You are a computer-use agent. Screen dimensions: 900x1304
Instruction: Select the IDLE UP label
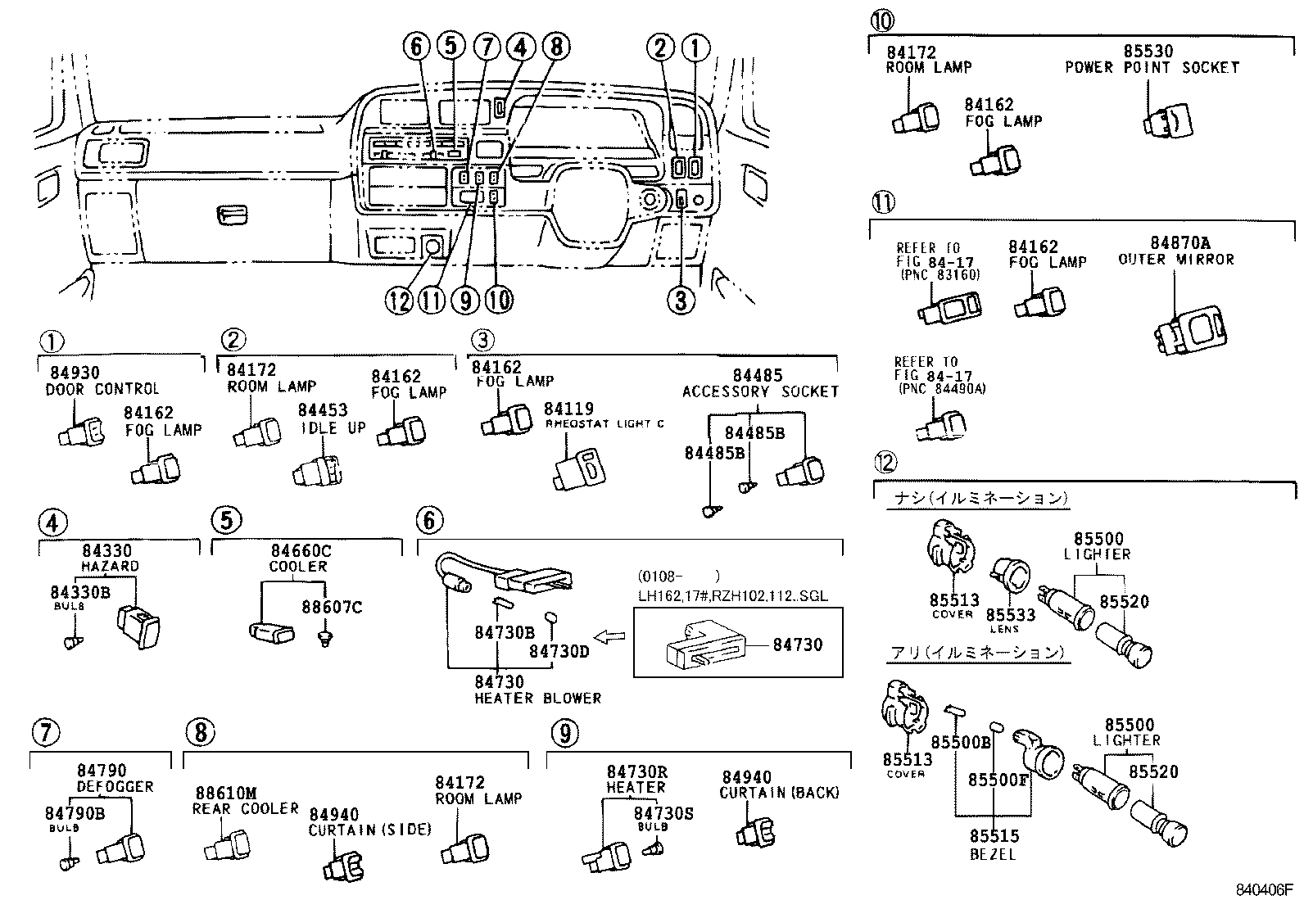pos(333,427)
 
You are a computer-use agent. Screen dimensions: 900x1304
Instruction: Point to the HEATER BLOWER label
pos(537,699)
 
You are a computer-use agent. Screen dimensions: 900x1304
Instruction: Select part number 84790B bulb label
pos(75,813)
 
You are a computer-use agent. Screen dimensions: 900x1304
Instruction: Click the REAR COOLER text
pos(245,808)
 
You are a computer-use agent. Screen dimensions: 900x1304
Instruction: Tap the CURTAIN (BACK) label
pos(779,793)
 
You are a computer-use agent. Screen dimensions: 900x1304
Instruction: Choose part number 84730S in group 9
pos(663,812)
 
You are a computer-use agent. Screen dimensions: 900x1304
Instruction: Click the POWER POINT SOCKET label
pos(1152,68)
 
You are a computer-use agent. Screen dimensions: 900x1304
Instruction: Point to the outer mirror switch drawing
pos(1192,331)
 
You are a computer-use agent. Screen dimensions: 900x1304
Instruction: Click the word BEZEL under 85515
pos(994,854)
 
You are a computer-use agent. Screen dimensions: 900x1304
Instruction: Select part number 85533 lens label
pos(1010,615)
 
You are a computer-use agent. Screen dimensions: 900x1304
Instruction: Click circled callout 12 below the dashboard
pos(400,301)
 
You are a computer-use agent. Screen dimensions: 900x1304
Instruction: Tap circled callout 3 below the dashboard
pos(680,301)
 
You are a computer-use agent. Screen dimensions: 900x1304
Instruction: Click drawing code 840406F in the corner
pos(1264,889)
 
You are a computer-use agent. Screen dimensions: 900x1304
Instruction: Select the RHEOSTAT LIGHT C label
pos(604,423)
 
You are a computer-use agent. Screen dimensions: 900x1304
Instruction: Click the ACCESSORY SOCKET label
pos(760,391)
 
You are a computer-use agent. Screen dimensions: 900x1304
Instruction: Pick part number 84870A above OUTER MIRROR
pos(1179,243)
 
